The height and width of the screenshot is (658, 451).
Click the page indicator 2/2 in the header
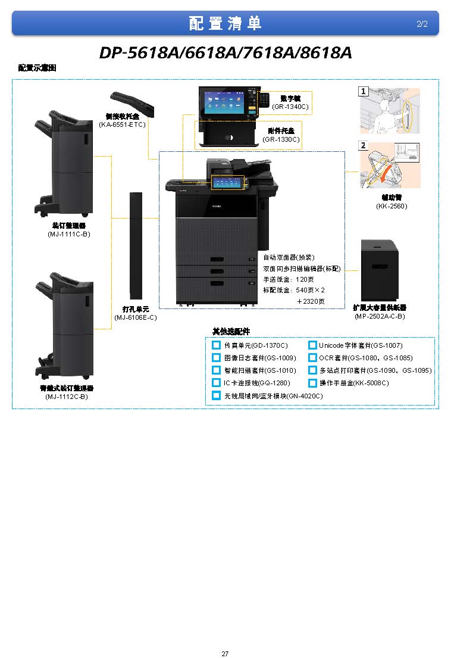click(x=422, y=24)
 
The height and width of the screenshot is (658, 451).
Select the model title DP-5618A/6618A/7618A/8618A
click(x=225, y=53)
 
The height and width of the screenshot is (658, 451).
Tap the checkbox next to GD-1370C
click(x=217, y=345)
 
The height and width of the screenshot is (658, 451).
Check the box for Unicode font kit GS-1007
click(x=312, y=345)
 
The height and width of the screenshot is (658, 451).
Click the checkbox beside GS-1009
click(x=217, y=358)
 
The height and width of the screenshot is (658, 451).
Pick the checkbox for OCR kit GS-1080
click(x=312, y=358)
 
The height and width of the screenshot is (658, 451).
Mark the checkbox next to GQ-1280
click(x=217, y=383)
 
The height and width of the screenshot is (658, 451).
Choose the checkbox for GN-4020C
click(x=217, y=395)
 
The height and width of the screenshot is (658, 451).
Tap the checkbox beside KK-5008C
click(x=312, y=383)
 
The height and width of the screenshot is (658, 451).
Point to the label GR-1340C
click(x=290, y=107)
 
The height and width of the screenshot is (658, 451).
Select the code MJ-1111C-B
click(x=69, y=234)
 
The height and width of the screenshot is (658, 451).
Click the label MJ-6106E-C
click(x=136, y=317)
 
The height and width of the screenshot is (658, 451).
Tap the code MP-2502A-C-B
click(x=380, y=316)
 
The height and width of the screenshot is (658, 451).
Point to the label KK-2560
click(x=392, y=206)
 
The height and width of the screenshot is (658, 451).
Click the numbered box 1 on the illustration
click(x=362, y=92)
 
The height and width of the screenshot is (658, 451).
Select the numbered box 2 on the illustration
click(x=362, y=145)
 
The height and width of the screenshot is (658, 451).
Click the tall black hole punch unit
click(x=136, y=245)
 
